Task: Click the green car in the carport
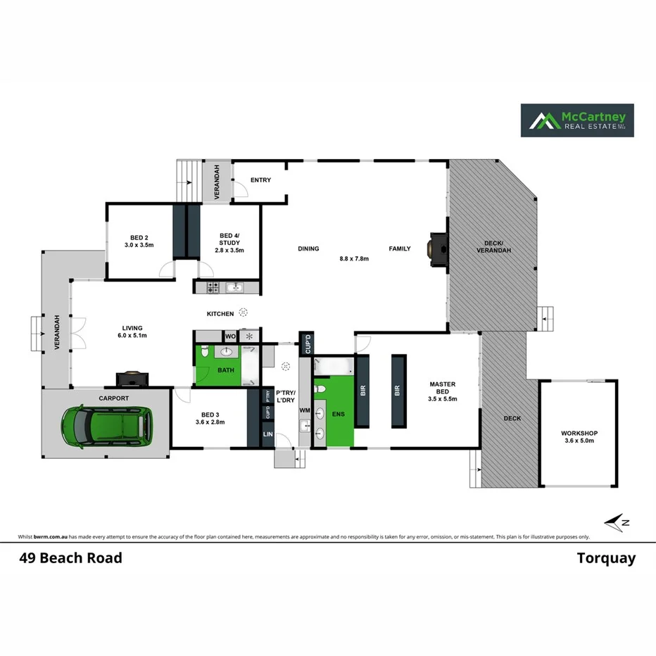[107, 427]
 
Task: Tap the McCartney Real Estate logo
[576, 120]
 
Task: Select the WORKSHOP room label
[578, 433]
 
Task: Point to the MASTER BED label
[443, 384]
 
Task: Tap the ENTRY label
[260, 180]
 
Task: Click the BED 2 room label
[139, 237]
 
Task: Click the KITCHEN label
[220, 313]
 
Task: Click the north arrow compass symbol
[617, 522]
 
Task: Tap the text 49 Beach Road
[70, 558]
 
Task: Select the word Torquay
[606, 559]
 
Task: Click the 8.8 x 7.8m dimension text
[354, 258]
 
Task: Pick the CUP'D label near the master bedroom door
[306, 345]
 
